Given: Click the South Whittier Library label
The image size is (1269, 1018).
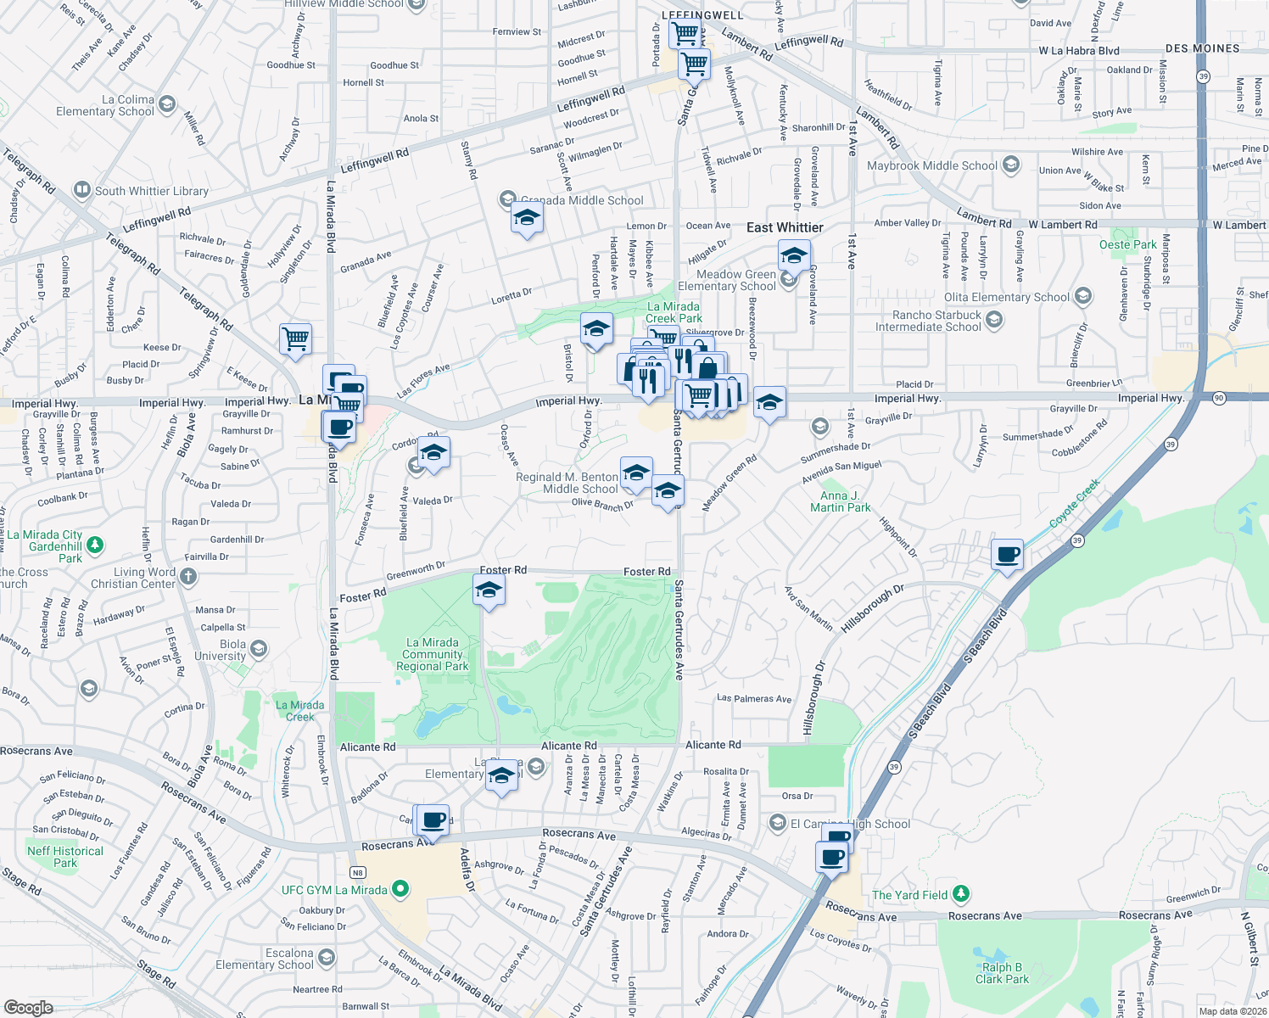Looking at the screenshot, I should pyautogui.click(x=151, y=191).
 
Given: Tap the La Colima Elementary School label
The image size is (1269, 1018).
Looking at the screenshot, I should pyautogui.click(x=105, y=105).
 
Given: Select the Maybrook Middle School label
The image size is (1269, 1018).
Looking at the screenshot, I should pyautogui.click(x=931, y=165).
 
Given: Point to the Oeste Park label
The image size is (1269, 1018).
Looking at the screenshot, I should pyautogui.click(x=1127, y=244).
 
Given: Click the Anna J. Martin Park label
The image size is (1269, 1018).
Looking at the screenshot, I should pyautogui.click(x=840, y=501).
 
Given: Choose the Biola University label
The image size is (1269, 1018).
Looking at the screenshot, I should pyautogui.click(x=220, y=650).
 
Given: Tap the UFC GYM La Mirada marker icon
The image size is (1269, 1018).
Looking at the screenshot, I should pyautogui.click(x=400, y=890).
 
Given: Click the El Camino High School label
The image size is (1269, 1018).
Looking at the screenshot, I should pyautogui.click(x=850, y=824).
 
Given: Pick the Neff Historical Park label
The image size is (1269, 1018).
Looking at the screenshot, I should pyautogui.click(x=65, y=857).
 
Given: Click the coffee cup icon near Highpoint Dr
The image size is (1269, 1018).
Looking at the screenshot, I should pyautogui.click(x=1007, y=555).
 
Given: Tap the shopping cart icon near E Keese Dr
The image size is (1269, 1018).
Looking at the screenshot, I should pyautogui.click(x=295, y=338).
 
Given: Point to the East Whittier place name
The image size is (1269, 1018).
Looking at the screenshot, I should pyautogui.click(x=785, y=227).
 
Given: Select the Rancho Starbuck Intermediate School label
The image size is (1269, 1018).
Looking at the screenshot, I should pyautogui.click(x=928, y=321).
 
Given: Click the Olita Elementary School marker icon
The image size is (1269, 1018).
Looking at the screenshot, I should pyautogui.click(x=1082, y=296).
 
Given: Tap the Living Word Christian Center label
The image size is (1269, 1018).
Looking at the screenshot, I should pyautogui.click(x=133, y=578).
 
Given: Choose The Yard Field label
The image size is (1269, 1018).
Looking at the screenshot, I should pyautogui.click(x=909, y=895).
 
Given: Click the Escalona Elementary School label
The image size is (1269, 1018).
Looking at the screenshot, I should pyautogui.click(x=265, y=959).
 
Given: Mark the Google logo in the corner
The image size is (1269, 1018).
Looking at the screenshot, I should pyautogui.click(x=29, y=1007).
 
